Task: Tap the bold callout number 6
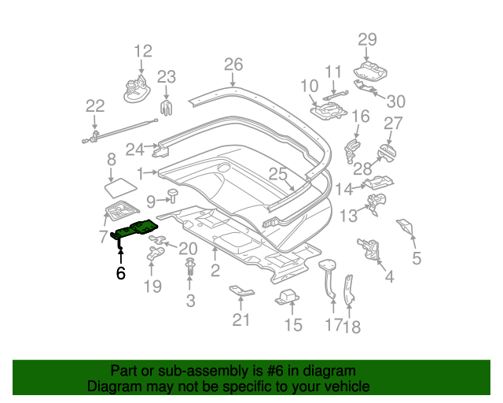coord(120,273)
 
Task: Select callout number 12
coord(142,52)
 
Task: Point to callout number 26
coord(233,65)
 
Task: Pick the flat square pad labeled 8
coord(120,187)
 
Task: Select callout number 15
coord(292,324)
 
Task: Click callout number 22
coord(94,106)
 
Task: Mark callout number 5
coord(417,257)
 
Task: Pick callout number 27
coord(393,123)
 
